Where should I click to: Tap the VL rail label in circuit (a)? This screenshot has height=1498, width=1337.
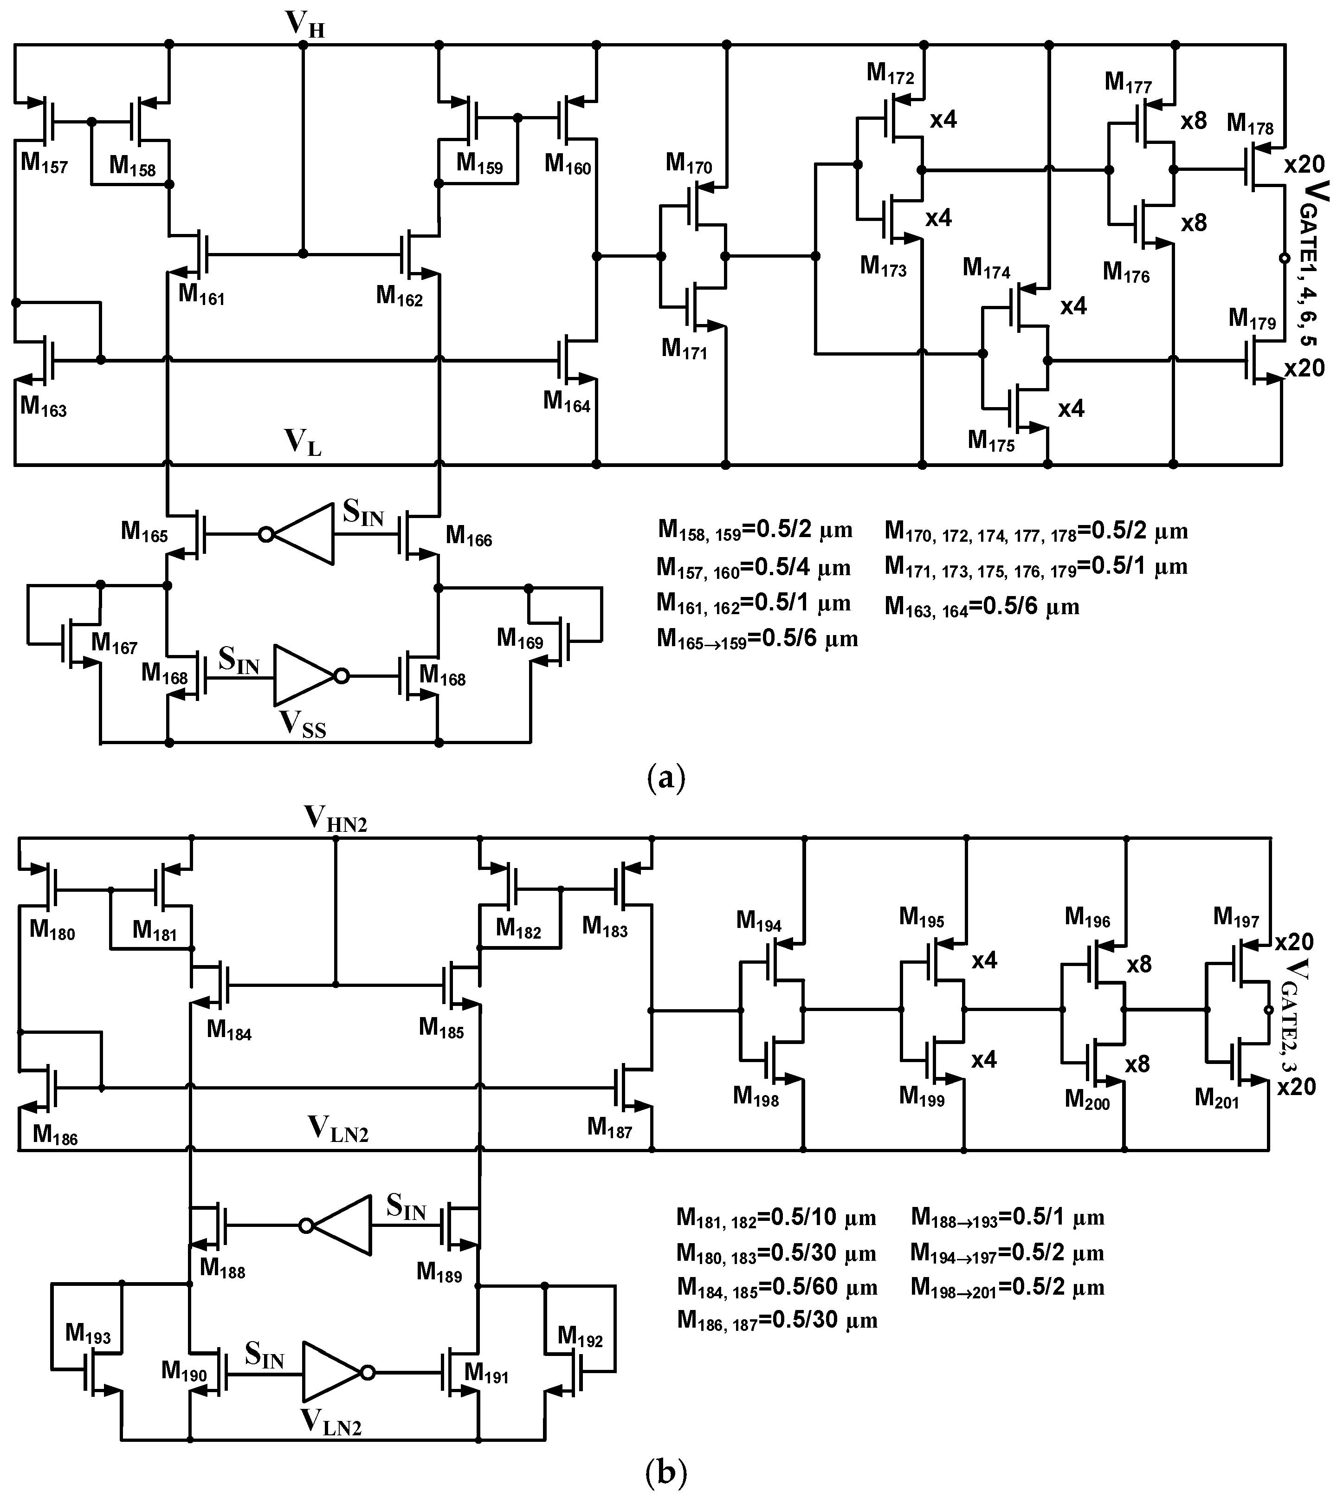click(303, 443)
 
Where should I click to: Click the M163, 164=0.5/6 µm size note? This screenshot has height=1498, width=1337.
click(982, 606)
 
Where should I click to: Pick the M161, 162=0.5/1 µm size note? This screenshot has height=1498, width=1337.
click(753, 603)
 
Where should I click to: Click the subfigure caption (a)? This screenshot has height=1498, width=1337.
click(665, 777)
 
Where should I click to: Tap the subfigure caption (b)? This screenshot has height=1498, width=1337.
click(665, 1473)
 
